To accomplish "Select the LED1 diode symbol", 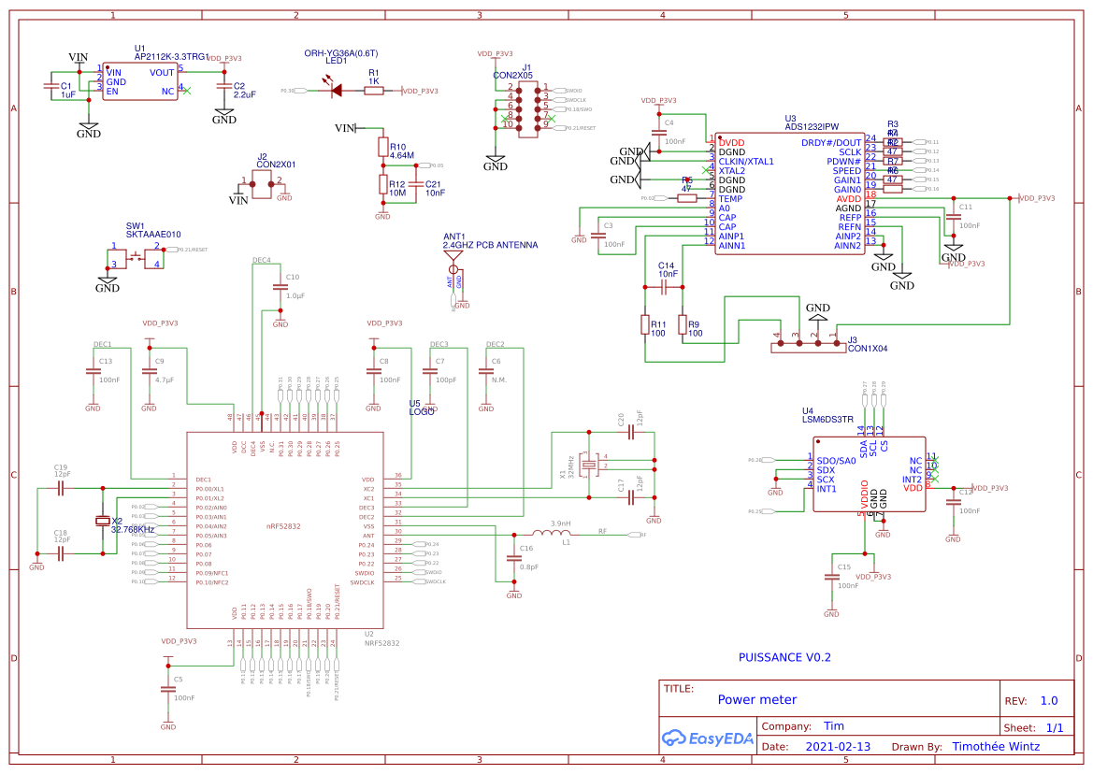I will pos(334,91).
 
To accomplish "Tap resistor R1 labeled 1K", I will pos(373,91).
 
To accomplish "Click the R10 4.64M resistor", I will pos(382,147).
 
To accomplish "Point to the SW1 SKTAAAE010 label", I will pos(153,235).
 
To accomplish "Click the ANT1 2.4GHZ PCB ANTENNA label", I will pos(490,245).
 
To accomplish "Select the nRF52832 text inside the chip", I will pos(283,526).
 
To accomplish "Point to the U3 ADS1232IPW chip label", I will pos(812,126).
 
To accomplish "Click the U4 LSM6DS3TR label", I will pos(827,420).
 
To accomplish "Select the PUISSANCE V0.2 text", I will pos(784,657).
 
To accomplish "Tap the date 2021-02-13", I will pos(837,747).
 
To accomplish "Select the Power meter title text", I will pos(756,699).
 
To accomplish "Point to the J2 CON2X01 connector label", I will pos(276,164).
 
